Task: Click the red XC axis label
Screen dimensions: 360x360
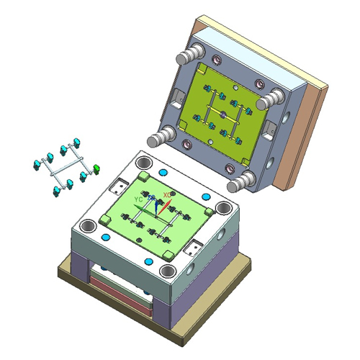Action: click(167, 194)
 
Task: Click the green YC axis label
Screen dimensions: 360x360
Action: click(139, 199)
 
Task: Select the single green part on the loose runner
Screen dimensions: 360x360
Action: click(96, 169)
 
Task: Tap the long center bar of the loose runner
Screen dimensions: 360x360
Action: click(63, 168)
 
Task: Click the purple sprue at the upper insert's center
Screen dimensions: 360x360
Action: click(224, 115)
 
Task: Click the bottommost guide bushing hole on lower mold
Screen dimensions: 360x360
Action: click(168, 271)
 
